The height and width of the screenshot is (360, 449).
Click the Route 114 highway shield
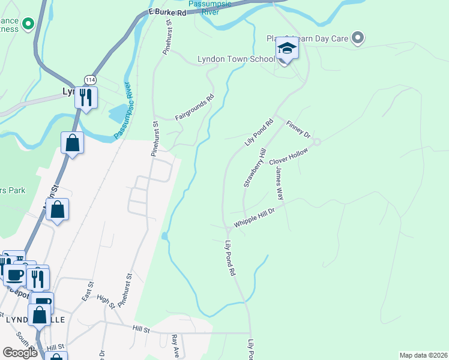tap(90, 79)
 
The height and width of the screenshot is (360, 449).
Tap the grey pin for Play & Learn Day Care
tap(358, 38)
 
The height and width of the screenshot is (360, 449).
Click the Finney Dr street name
tap(298, 129)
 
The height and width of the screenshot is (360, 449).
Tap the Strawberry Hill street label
tap(254, 169)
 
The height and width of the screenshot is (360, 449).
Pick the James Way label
tap(279, 183)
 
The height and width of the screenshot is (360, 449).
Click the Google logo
tap(20, 353)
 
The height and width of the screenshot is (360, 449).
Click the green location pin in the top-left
tap(27, 25)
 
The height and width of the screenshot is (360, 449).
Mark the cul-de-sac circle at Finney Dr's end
tap(317, 142)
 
